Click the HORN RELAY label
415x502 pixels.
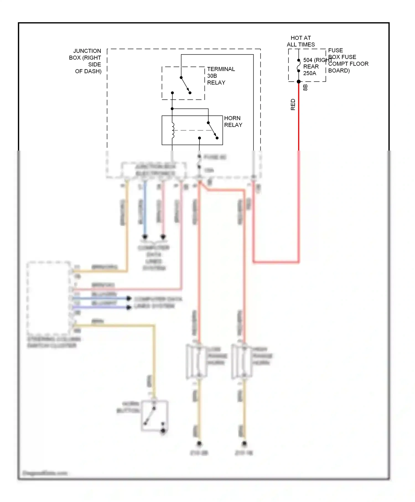tap(233, 121)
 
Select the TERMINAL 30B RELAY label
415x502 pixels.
tap(221, 76)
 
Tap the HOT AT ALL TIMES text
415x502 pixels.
tap(300, 41)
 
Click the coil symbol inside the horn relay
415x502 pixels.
tap(173, 130)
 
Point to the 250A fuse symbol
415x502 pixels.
tap(299, 66)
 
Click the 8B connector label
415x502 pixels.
tap(305, 87)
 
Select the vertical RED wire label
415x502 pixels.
tap(293, 104)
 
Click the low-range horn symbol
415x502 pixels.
tap(196, 361)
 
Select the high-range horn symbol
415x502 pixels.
tap(242, 361)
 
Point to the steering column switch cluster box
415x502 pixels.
tap(49, 297)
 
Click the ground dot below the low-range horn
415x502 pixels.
tap(199, 443)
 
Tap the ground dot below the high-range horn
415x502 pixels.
tap(244, 443)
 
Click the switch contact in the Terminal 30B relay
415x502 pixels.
tap(185, 85)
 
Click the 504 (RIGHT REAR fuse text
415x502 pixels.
tap(315, 60)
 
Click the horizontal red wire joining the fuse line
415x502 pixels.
tap(276, 262)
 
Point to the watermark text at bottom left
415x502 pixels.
tap(45, 473)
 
